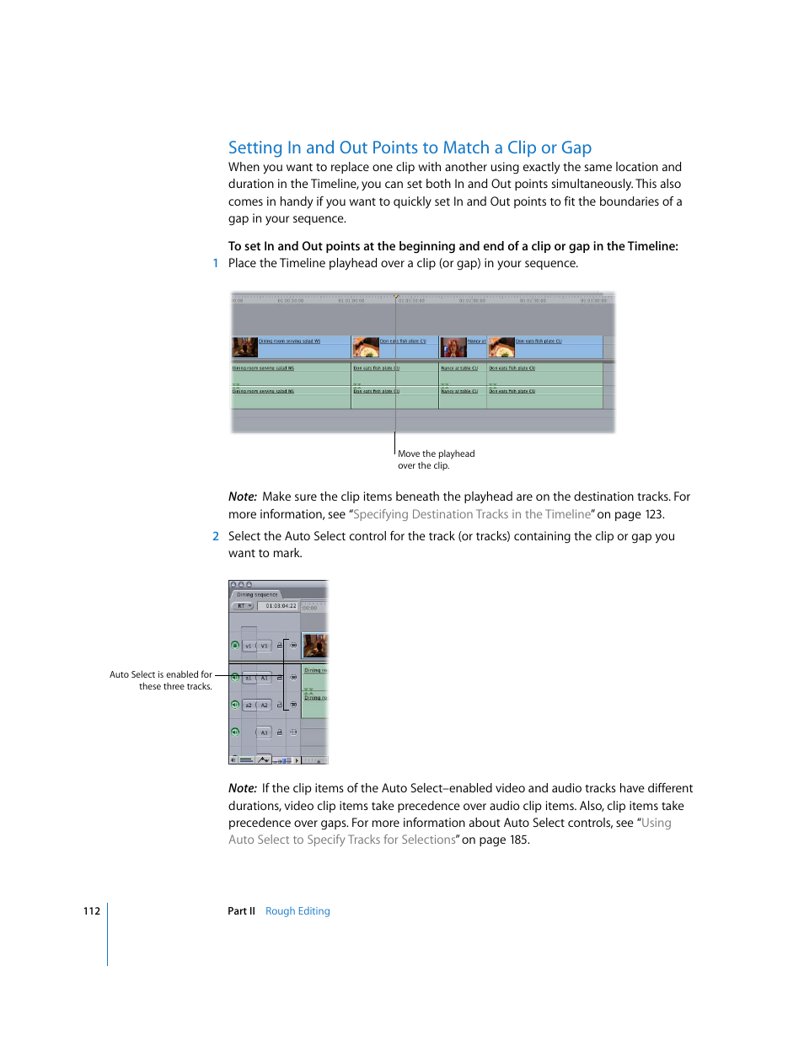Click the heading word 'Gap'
coord(576,148)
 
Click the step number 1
coord(216,264)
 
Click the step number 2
coord(216,537)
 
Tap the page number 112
coord(92,911)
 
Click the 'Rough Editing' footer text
coord(297,911)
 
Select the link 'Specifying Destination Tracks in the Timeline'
coord(472,515)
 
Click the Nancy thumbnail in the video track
coord(453,347)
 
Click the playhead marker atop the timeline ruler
coord(395,296)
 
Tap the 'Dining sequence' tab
coord(257,594)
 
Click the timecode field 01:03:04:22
coord(281,606)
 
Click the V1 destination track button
coord(264,646)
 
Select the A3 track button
coord(264,732)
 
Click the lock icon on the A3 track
coord(280,732)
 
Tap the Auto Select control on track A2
coord(293,705)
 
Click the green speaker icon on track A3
coord(235,732)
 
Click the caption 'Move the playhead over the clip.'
coord(436,459)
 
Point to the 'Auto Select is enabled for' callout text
coord(161,675)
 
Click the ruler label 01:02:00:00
coord(472,300)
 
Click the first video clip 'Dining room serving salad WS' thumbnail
coord(245,347)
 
